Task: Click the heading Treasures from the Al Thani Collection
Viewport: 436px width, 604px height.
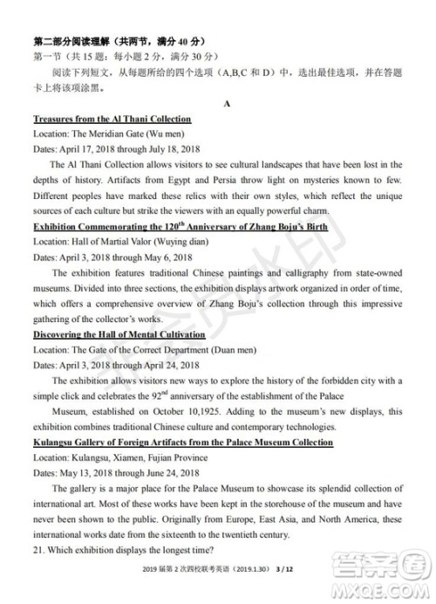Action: click(x=112, y=119)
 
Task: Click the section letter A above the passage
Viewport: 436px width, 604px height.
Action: click(x=226, y=104)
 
